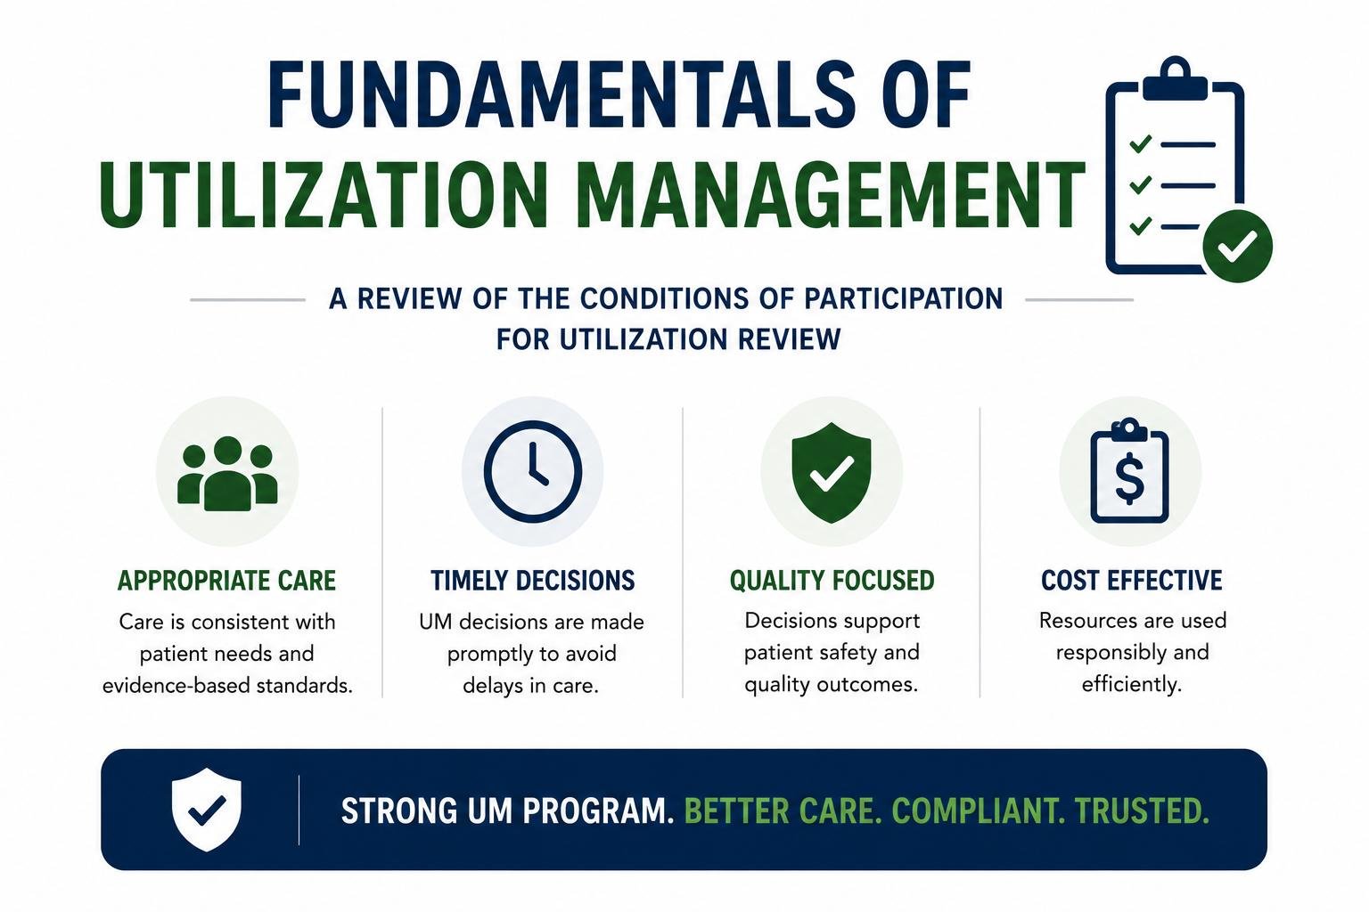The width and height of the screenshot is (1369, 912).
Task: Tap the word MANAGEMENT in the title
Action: pyautogui.click(x=830, y=194)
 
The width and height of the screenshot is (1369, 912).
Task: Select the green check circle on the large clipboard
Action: pyautogui.click(x=1238, y=246)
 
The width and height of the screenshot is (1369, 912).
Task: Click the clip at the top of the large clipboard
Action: pyautogui.click(x=1175, y=78)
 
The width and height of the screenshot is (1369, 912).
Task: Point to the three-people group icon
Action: pyautogui.click(x=227, y=474)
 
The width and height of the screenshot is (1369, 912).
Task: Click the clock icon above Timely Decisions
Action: pyautogui.click(x=533, y=471)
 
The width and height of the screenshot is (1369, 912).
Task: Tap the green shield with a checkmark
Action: pyautogui.click(x=832, y=473)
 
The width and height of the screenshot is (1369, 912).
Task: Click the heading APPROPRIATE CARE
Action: pyautogui.click(x=226, y=581)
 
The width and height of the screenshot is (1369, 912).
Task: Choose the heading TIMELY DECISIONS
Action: pyautogui.click(x=532, y=581)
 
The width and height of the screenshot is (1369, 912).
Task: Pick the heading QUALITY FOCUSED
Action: pyautogui.click(x=832, y=581)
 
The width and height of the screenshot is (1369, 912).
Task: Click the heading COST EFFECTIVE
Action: pyautogui.click(x=1132, y=581)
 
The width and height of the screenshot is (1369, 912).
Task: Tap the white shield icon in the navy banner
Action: pyautogui.click(x=207, y=810)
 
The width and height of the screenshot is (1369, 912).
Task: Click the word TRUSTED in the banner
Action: pyautogui.click(x=1142, y=810)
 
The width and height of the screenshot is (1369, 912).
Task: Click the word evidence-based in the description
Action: pyautogui.click(x=175, y=686)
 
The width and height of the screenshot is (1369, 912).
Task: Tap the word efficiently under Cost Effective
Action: pyautogui.click(x=1131, y=684)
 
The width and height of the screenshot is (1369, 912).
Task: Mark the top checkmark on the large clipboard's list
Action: pyautogui.click(x=1141, y=143)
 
